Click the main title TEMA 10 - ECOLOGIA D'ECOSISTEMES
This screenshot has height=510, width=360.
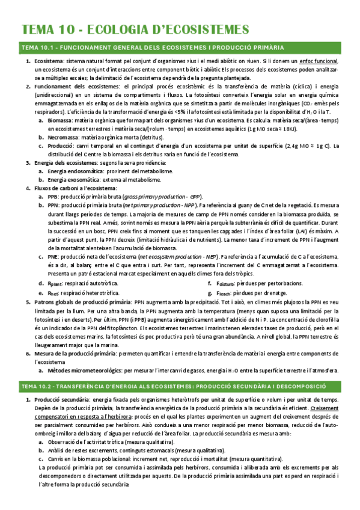(135, 29)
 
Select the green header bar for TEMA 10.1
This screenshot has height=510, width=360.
(180, 48)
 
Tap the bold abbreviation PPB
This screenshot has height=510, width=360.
(53, 197)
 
